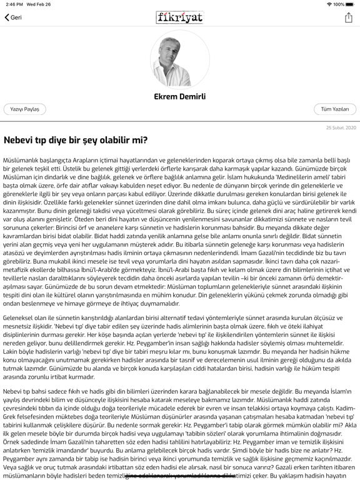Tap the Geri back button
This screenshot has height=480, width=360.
13,17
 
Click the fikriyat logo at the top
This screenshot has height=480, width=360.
180,17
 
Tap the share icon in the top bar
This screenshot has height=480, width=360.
349,17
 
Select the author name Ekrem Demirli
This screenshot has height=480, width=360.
180,97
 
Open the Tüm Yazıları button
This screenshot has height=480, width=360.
335,109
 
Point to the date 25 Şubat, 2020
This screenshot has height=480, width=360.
341,127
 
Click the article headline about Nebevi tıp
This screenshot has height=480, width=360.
76,140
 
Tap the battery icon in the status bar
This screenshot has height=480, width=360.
349,4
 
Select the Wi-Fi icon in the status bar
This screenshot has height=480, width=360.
329,4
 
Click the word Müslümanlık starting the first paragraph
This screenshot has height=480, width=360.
20,161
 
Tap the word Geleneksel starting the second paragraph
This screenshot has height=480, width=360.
19,318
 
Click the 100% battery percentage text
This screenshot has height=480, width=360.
338,4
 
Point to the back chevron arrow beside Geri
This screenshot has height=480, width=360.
7,17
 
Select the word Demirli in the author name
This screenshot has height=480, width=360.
192,97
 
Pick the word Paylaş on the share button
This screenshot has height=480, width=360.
32,109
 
